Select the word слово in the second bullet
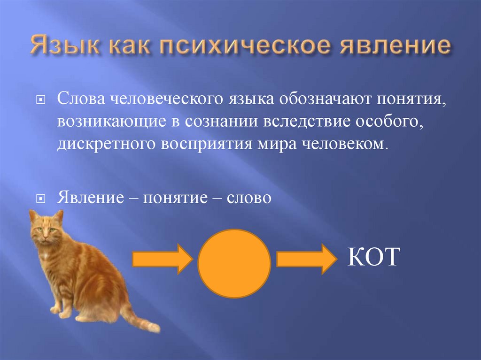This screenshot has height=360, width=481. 249,198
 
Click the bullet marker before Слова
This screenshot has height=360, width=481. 41,100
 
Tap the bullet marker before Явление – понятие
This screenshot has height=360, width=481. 41,199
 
